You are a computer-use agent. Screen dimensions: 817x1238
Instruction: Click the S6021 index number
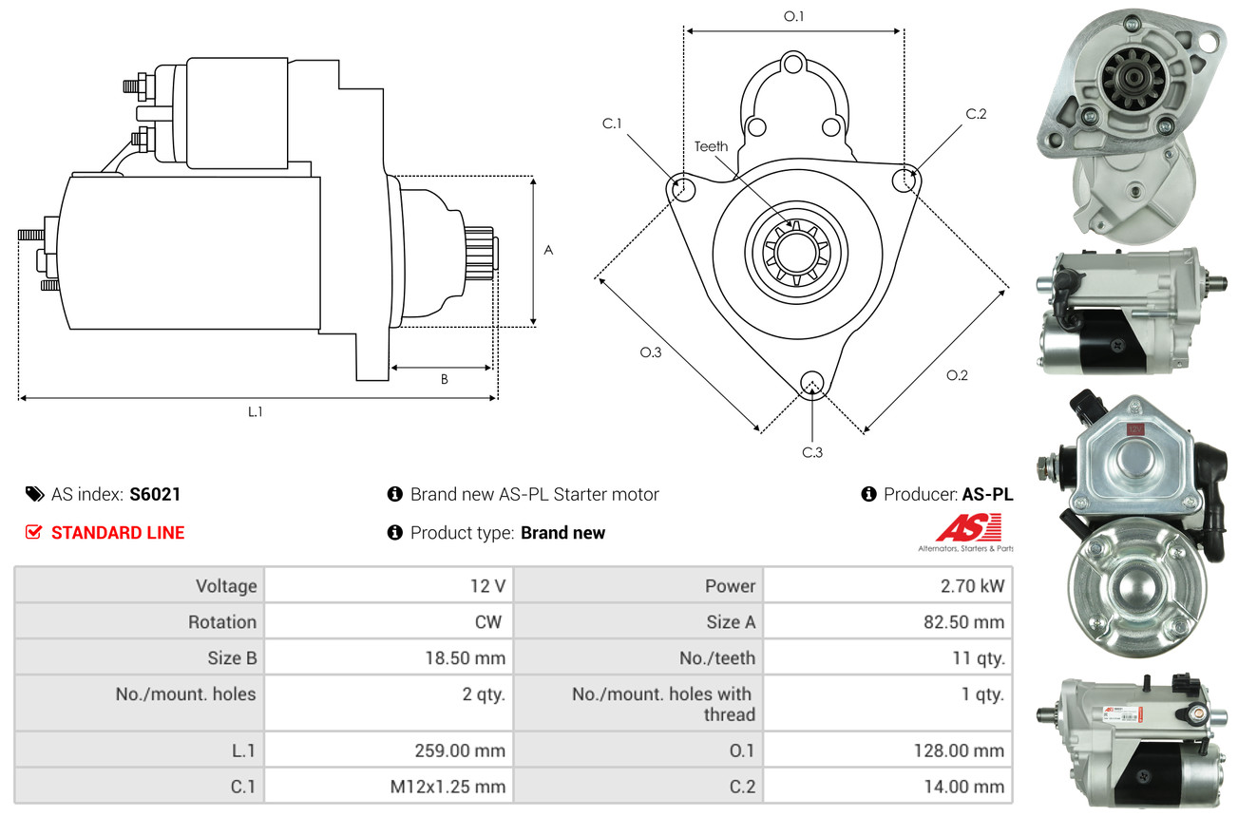[155, 494]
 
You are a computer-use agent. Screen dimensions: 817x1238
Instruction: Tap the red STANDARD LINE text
[118, 533]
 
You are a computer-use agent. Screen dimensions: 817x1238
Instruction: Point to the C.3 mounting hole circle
[811, 383]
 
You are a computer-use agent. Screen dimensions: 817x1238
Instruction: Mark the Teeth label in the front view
[711, 146]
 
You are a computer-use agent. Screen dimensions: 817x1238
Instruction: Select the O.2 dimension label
[957, 375]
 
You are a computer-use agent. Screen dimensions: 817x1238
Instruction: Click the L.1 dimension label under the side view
[256, 411]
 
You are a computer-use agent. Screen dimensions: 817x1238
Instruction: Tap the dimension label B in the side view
[444, 379]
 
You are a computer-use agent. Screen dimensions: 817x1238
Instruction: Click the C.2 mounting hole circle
[906, 178]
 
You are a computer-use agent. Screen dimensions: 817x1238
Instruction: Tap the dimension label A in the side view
[548, 250]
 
